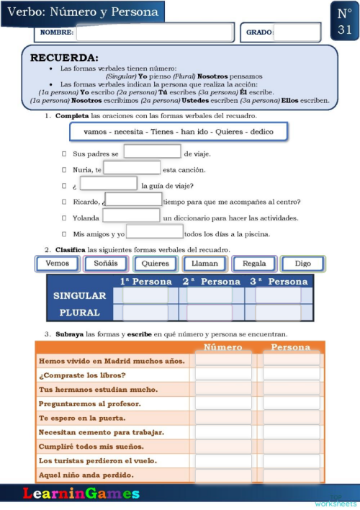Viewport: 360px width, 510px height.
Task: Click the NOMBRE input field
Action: click(x=155, y=32)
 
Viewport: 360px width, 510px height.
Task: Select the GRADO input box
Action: click(x=297, y=32)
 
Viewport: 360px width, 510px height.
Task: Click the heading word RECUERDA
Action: click(x=64, y=58)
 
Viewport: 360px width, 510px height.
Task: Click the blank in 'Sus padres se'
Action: click(x=152, y=152)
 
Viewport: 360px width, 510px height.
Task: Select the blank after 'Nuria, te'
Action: click(x=132, y=169)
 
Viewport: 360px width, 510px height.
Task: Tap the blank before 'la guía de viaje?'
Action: click(x=108, y=184)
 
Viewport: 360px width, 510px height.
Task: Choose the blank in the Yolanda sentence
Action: click(x=131, y=216)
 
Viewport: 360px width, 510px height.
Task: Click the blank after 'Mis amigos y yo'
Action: click(x=154, y=232)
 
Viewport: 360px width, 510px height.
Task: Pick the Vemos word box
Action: click(x=57, y=264)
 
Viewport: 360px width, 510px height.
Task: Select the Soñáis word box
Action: click(x=106, y=264)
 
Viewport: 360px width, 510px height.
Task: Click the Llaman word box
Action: click(x=204, y=264)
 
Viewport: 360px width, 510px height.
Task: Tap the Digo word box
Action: click(x=302, y=264)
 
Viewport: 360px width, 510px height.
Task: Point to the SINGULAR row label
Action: click(x=79, y=296)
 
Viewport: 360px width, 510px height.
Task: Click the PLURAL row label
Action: click(x=79, y=313)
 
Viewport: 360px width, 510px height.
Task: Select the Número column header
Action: click(x=223, y=347)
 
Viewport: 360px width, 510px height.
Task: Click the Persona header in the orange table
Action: click(x=290, y=347)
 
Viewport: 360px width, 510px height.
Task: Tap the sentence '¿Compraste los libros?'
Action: click(x=83, y=375)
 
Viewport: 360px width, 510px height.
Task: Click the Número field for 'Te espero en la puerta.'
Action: click(x=223, y=418)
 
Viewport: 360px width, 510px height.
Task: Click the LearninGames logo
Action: click(x=81, y=494)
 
